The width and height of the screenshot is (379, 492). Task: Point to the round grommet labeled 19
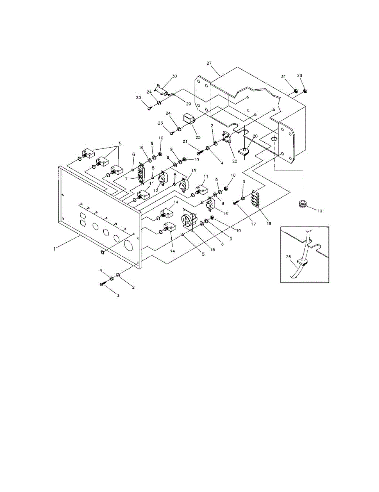pos(303,203)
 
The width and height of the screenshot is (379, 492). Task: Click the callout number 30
pos(174,77)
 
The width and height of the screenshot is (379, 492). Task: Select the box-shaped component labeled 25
pos(189,119)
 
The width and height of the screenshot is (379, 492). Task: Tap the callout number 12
pos(156,191)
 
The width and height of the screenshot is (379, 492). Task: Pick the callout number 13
pos(193,171)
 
